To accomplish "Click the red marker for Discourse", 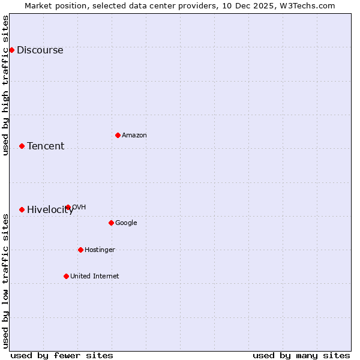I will pos(11,50).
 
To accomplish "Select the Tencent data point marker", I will pos(22,146).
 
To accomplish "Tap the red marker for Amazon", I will pos(118,135).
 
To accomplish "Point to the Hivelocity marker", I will pos(22,209).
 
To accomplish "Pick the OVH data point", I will pos(68,207).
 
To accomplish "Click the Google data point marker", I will pos(111,223).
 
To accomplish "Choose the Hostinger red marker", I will pos(80,250).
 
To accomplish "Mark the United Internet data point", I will pos(66,276).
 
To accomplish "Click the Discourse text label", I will pos(40,50).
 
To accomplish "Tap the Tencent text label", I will pos(46,146).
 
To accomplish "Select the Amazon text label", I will pos(134,136).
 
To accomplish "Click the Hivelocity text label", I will pos(50,210).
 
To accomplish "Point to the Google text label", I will pos(126,223).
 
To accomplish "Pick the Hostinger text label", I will pos(100,250).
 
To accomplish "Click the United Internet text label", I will pos(95,277).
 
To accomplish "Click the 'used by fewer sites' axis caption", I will pos(62,355).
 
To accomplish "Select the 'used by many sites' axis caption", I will pos(301,355).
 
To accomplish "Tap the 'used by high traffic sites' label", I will pos(6,85).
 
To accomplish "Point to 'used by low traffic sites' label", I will pos(6,281).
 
